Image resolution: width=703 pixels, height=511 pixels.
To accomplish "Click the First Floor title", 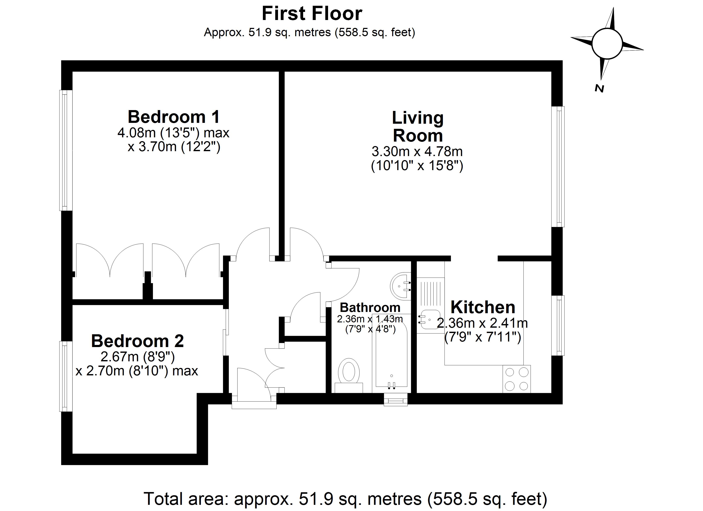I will (312, 14).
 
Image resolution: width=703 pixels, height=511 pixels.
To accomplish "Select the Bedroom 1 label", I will (174, 117).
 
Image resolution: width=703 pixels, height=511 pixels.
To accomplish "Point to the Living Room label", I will (418, 126).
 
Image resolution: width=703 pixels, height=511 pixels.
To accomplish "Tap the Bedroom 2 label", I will (138, 341).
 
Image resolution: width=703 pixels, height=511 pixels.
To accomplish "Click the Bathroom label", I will (370, 308).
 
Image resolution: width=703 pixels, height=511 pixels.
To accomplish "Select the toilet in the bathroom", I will (349, 374).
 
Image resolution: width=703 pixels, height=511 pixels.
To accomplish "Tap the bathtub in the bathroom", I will (391, 353).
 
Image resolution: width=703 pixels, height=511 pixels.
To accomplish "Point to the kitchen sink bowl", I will (431, 319).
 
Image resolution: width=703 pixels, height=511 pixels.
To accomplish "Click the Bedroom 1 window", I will (65, 150).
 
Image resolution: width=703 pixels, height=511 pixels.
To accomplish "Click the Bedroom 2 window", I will (65, 376).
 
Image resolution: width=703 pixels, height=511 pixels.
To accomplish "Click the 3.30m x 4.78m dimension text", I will (417, 152).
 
